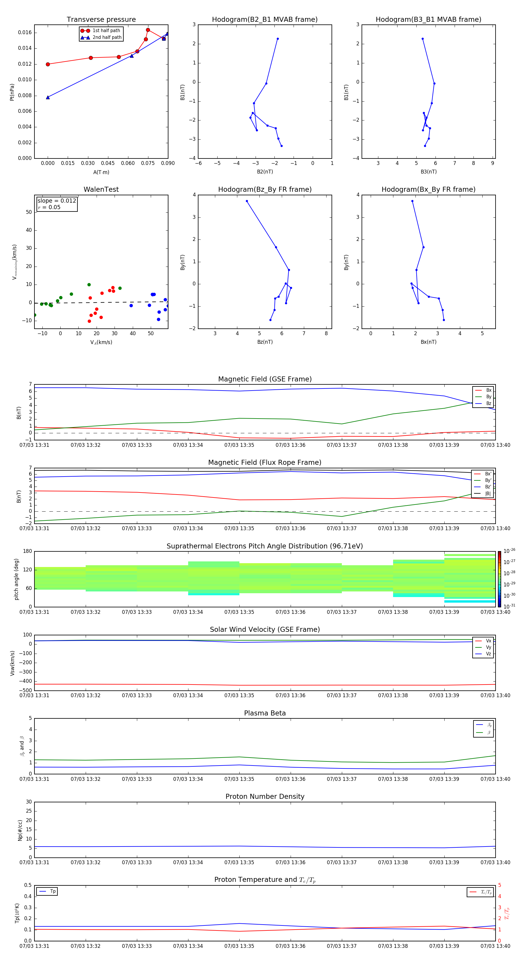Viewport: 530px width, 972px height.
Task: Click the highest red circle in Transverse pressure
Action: pos(148,30)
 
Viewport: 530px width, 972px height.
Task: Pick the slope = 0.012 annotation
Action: pos(57,201)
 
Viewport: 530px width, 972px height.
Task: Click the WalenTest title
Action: pos(101,189)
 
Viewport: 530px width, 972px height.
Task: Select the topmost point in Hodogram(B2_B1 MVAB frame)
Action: pos(278,39)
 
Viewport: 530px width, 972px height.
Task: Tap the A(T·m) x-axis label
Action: pos(101,172)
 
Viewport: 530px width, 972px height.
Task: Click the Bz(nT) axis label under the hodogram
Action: pos(265,342)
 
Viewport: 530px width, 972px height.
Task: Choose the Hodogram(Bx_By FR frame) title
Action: pos(428,189)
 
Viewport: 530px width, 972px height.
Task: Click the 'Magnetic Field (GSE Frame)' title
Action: pos(265,379)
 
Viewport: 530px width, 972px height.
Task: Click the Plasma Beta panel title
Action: pos(265,713)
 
